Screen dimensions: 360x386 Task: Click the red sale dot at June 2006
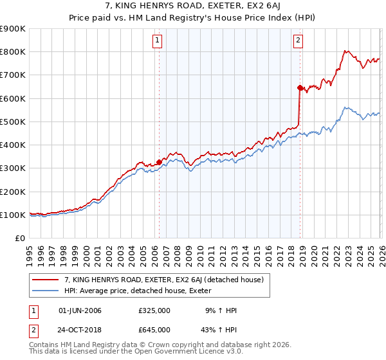coord(159,163)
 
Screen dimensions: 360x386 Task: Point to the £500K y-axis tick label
coord(13,122)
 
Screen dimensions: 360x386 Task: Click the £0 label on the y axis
coord(20,238)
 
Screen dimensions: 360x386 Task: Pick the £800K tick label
coord(13,52)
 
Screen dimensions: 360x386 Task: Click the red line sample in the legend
coord(46,280)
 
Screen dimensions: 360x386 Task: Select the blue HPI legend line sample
coord(46,291)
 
